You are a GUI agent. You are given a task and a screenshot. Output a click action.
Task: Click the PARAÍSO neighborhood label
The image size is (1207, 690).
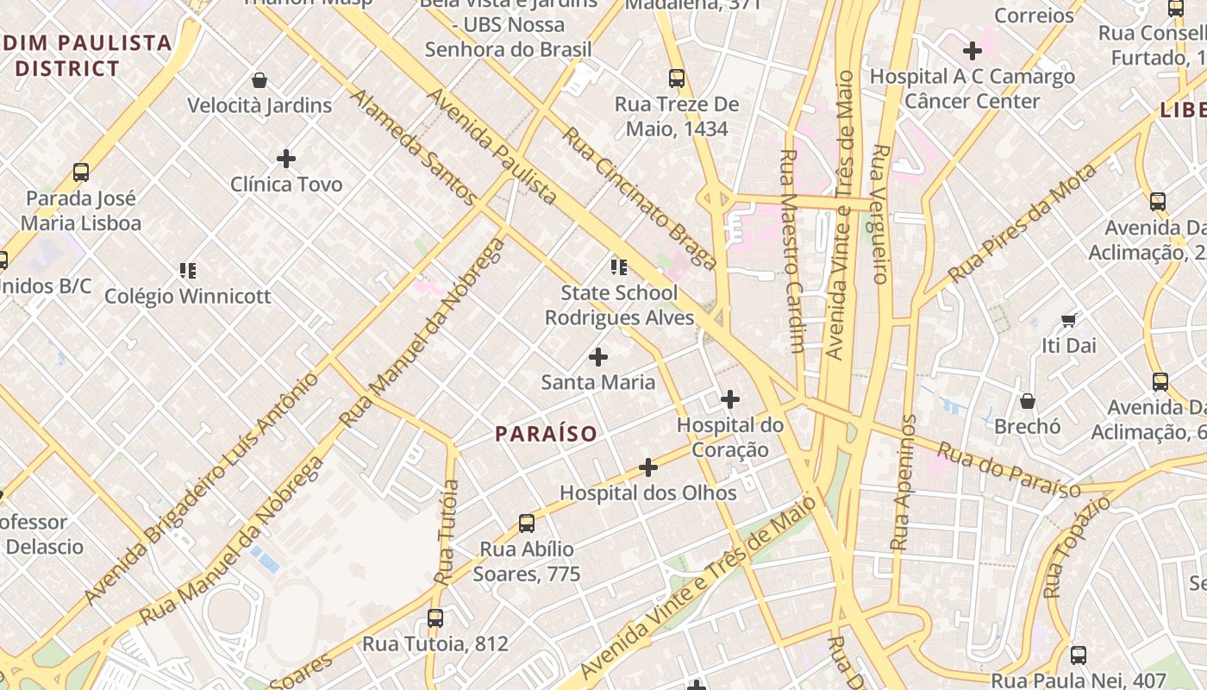546,434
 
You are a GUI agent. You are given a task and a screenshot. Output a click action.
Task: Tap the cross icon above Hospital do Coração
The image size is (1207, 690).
730,399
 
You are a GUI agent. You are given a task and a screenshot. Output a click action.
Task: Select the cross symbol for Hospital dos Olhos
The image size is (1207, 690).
648,468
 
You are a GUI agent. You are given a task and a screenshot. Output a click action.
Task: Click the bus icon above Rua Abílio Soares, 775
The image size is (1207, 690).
527,524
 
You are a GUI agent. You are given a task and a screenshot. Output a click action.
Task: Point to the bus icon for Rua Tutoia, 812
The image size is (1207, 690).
435,618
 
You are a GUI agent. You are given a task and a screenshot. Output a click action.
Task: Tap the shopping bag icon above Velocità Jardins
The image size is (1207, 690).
260,81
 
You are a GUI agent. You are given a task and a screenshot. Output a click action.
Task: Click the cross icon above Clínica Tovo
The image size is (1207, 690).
286,159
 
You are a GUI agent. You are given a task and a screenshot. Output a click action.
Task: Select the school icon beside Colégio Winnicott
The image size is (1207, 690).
188,271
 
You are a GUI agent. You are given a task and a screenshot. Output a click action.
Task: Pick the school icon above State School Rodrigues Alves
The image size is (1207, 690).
618,267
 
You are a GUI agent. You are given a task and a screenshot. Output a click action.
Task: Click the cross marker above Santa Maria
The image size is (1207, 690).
597,357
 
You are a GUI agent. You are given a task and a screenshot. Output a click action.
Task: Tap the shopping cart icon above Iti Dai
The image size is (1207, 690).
1068,321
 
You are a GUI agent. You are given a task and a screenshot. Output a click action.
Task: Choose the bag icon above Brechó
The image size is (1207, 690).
1027,401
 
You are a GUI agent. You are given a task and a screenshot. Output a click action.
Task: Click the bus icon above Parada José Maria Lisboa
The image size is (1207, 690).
81,172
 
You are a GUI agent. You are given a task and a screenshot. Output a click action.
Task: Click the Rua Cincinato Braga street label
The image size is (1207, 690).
639,198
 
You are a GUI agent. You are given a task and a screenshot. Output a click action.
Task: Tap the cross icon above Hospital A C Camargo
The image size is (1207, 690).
972,51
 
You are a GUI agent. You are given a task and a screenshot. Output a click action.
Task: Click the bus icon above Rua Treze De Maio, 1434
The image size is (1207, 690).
677,78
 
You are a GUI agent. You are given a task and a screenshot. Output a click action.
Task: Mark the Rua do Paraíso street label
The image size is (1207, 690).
1008,470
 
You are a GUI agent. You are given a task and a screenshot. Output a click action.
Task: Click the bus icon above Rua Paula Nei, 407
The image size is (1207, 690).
1078,655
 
